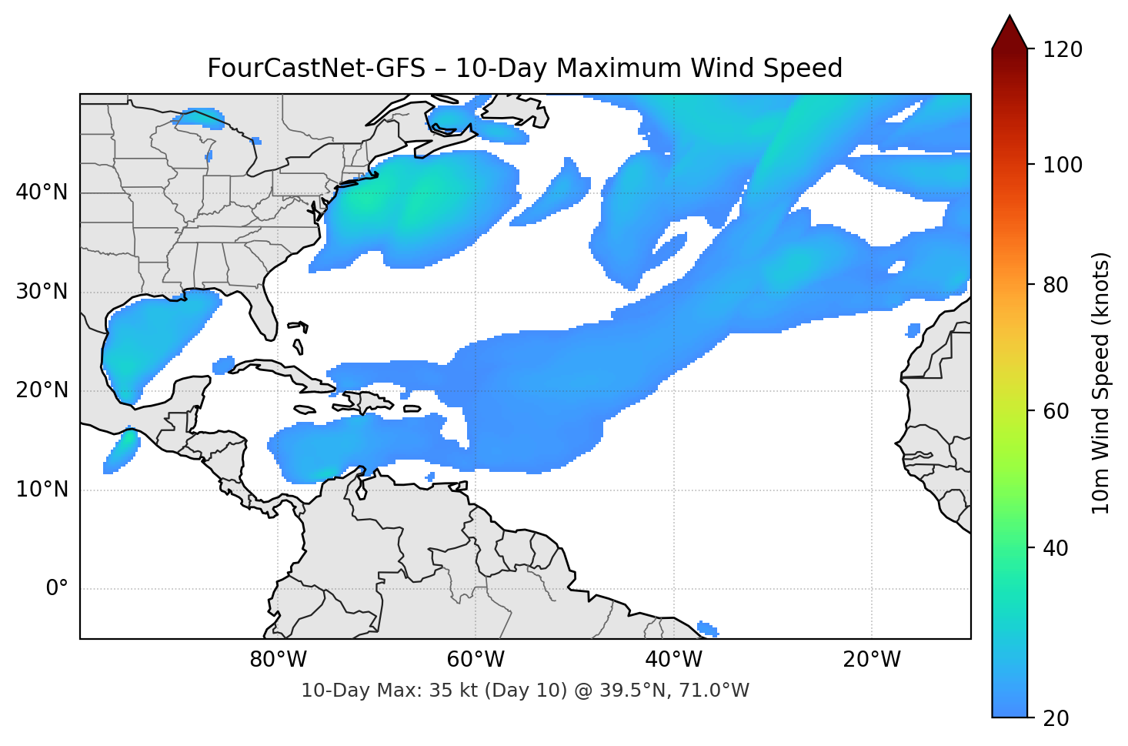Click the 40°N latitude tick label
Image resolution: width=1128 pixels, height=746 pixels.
(x=42, y=192)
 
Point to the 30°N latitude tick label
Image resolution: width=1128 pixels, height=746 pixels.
(x=42, y=292)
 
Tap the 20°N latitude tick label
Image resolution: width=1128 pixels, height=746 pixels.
(x=42, y=390)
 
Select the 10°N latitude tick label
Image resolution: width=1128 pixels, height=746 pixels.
(x=42, y=490)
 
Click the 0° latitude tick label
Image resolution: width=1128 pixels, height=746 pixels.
(x=57, y=589)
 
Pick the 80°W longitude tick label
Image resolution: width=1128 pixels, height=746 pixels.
(x=278, y=660)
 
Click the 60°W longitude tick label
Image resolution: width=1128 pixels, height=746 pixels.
(x=476, y=660)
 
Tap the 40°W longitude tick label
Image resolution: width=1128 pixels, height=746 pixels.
(x=673, y=660)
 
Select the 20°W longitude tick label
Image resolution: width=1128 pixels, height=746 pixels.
(x=871, y=660)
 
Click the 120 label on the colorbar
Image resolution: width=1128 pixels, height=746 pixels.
(x=1063, y=50)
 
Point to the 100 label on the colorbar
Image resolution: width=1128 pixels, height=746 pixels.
(x=1063, y=165)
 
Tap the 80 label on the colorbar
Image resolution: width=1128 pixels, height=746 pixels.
(x=1056, y=285)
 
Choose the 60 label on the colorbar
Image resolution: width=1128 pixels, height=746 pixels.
(x=1056, y=411)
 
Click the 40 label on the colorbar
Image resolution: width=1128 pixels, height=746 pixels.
(x=1056, y=548)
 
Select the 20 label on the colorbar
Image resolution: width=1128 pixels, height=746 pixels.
(x=1056, y=718)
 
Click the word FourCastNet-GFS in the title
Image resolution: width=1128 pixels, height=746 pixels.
(x=315, y=69)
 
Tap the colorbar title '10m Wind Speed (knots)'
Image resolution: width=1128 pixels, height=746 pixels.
(x=1101, y=383)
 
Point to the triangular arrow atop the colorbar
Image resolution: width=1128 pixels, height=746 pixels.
(x=1010, y=32)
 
